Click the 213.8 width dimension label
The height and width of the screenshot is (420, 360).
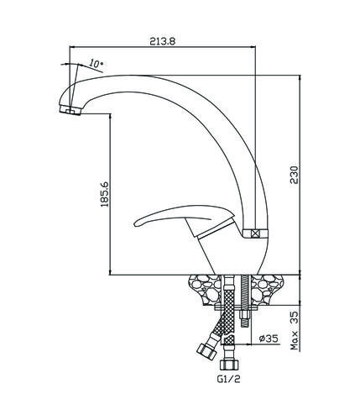point(163,41)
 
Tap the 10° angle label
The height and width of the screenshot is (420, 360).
point(97,64)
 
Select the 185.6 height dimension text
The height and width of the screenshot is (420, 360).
point(105,194)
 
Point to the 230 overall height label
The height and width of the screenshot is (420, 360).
point(295,175)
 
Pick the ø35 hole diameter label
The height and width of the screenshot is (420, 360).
point(269,339)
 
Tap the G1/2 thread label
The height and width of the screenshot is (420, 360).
point(228,379)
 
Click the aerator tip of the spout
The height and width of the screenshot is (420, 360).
point(70,110)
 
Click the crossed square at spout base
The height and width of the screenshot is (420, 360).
point(255,234)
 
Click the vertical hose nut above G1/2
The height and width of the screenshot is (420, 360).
point(229,365)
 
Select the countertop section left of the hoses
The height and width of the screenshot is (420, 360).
point(206,290)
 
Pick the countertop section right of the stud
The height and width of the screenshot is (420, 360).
point(266,290)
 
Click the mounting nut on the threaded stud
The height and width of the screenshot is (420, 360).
point(246,315)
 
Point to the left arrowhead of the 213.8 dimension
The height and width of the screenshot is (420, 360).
point(72,47)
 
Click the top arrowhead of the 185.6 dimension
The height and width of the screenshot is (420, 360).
point(110,117)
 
